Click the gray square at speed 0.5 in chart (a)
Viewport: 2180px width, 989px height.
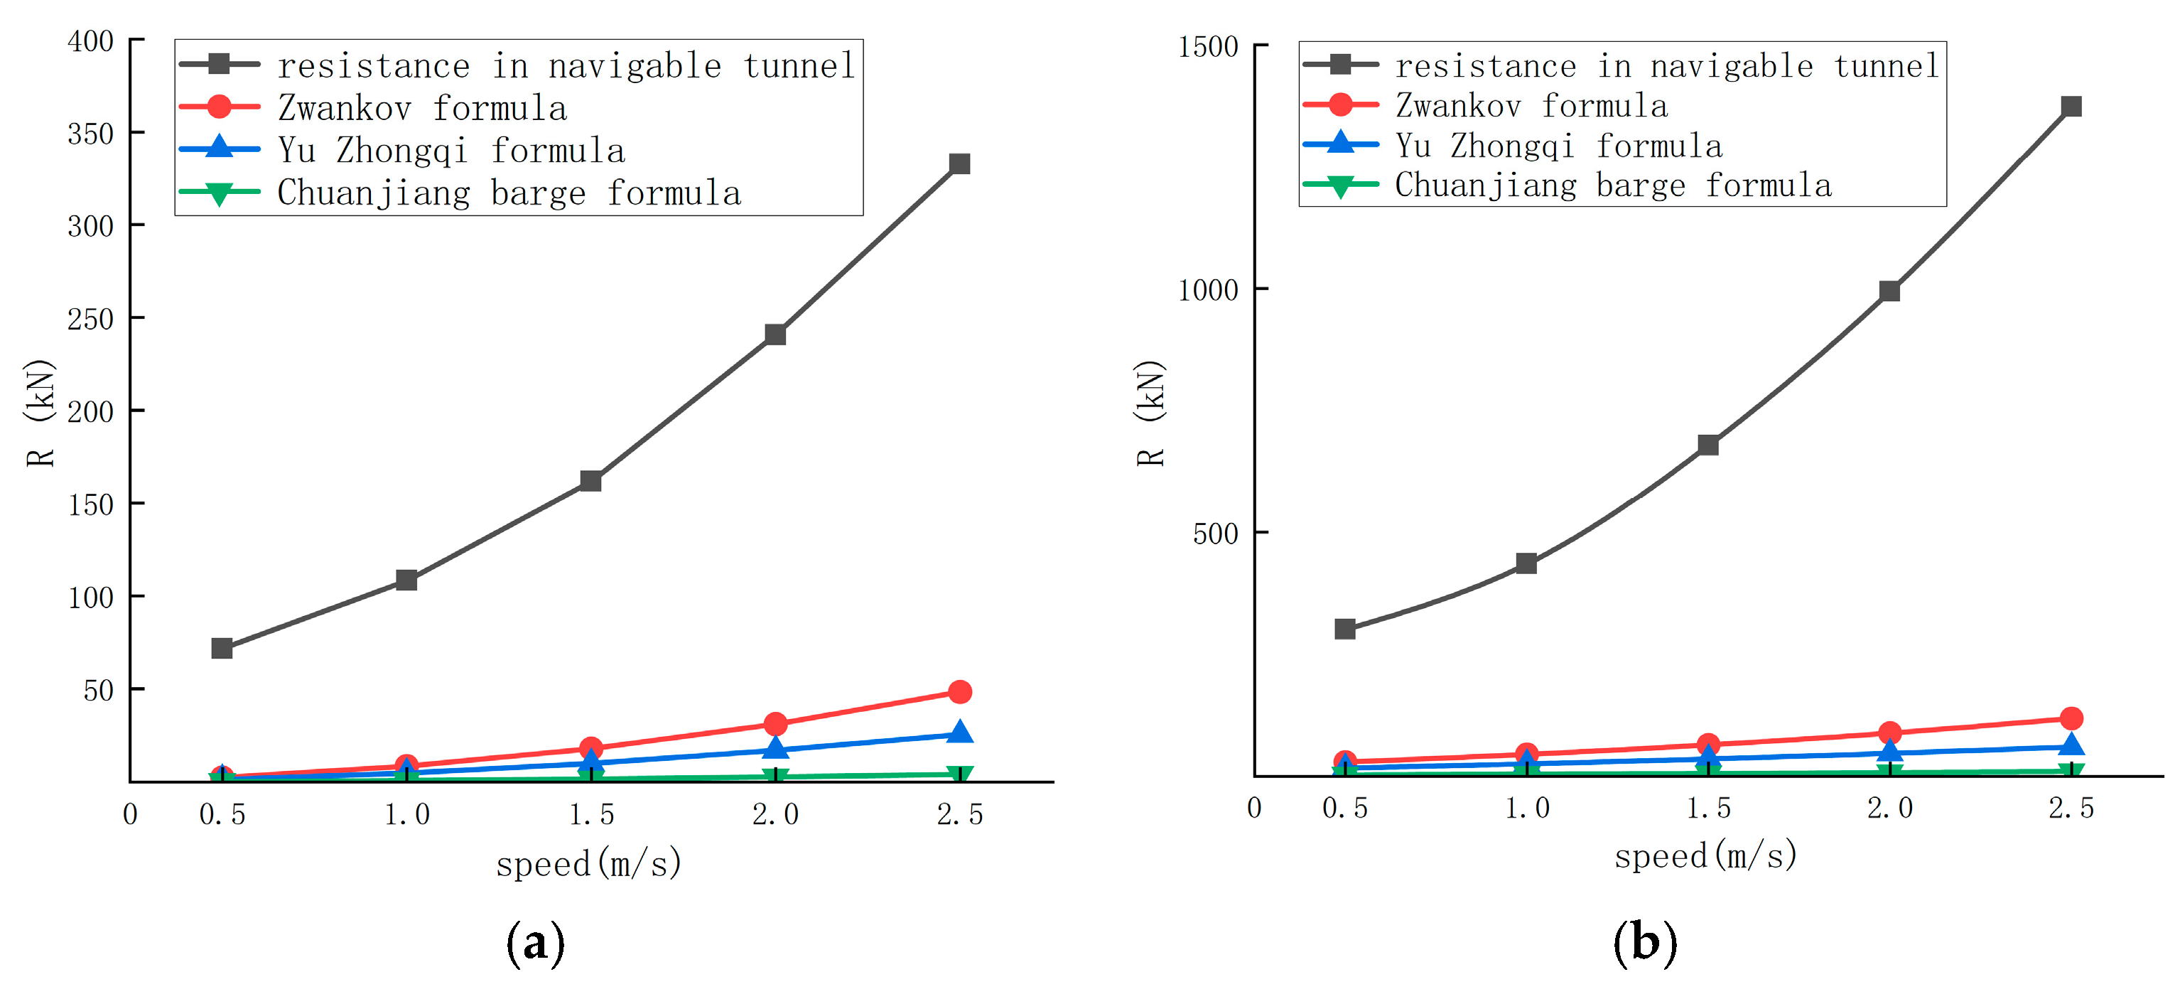point(222,648)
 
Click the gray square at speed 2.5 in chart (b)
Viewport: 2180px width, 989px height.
point(2071,107)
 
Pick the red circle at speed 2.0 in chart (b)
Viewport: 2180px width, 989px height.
point(1889,733)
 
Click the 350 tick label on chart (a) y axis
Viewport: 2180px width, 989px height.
point(90,134)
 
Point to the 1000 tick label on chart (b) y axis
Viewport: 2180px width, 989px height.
point(1208,290)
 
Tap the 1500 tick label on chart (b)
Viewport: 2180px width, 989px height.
point(1208,46)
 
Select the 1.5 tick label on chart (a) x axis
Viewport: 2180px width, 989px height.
point(590,815)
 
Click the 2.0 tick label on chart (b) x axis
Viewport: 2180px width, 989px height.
point(1889,808)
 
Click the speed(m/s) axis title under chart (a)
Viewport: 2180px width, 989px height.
point(588,864)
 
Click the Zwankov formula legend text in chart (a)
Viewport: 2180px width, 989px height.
point(422,108)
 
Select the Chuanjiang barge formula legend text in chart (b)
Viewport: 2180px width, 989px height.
point(1612,185)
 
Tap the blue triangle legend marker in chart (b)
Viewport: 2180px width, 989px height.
point(1341,143)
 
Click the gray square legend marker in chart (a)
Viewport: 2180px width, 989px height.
point(219,64)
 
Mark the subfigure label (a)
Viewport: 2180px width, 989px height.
point(535,943)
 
